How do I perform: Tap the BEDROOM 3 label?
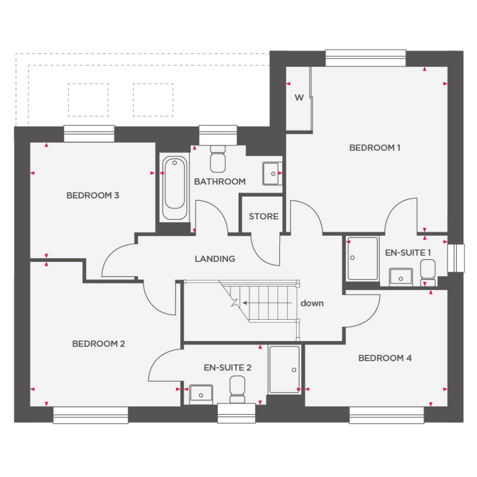(93, 195)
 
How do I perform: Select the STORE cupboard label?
(263, 216)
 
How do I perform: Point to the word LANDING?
(215, 259)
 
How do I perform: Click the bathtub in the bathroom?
(175, 188)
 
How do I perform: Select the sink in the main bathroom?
(271, 173)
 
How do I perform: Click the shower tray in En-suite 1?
(362, 259)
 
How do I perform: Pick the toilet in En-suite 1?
(428, 273)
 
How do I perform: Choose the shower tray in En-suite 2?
(284, 369)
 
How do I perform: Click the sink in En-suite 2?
(201, 394)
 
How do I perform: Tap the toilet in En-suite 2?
(238, 389)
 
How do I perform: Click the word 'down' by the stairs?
(312, 303)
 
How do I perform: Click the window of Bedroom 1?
(365, 58)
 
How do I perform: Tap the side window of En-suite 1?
(456, 257)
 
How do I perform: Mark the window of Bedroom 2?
(90, 415)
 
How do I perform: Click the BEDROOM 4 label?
(385, 358)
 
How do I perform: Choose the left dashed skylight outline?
(88, 100)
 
